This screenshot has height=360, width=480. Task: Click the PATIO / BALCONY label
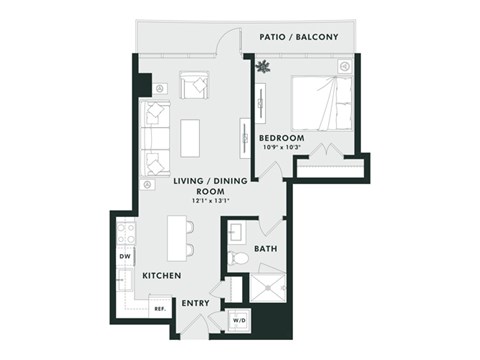(298, 37)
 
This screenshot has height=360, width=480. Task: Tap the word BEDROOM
(280, 137)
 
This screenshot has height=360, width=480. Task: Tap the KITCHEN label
(160, 275)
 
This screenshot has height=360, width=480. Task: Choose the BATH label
(265, 248)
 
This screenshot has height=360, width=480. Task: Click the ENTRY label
(195, 302)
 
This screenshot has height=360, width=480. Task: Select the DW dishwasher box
(125, 257)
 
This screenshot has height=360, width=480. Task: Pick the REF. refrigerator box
(158, 309)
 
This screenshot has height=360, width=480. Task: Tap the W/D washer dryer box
(242, 319)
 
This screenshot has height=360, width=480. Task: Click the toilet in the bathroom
(237, 259)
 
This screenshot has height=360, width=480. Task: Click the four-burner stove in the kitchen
(126, 234)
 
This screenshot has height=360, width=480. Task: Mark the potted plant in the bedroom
(263, 68)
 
